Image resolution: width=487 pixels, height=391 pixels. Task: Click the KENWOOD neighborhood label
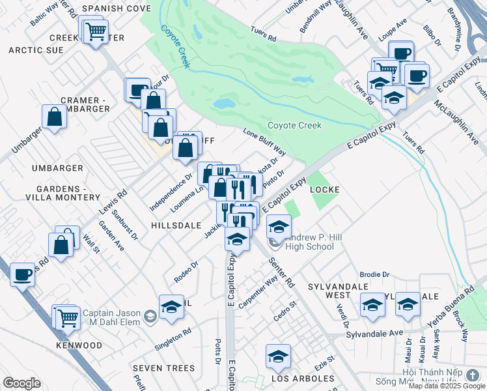[79, 345]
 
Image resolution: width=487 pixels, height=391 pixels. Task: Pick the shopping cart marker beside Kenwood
[68, 317]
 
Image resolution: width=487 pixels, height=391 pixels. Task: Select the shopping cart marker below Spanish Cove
[95, 30]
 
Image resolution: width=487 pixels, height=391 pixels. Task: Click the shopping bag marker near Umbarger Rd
[55, 117]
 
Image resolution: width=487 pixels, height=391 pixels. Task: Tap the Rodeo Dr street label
[186, 272]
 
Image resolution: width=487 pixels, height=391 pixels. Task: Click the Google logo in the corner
[21, 383]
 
